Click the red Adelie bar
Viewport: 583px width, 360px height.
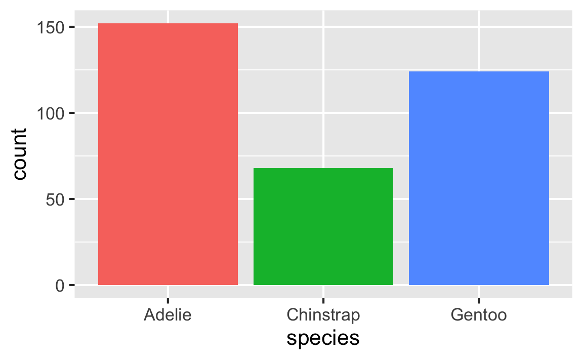[168, 154]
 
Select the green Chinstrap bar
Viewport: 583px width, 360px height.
[323, 226]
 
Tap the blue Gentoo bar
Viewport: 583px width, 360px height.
[479, 178]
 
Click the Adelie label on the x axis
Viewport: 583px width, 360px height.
[168, 315]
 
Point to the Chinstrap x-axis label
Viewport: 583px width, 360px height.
[323, 315]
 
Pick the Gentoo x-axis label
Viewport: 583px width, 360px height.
[479, 315]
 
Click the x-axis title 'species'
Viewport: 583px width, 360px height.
[323, 338]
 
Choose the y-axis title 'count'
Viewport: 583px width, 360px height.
[19, 154]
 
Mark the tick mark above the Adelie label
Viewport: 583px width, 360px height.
[168, 293]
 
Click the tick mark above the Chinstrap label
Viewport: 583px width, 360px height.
[323, 293]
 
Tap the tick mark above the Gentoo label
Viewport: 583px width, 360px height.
[479, 293]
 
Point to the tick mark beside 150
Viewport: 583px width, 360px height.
[71, 27]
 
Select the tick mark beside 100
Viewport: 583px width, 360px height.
[71, 113]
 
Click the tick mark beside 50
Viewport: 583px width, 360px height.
[71, 199]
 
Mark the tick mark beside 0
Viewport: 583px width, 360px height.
[71, 285]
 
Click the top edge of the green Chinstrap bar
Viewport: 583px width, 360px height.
[323, 169]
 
